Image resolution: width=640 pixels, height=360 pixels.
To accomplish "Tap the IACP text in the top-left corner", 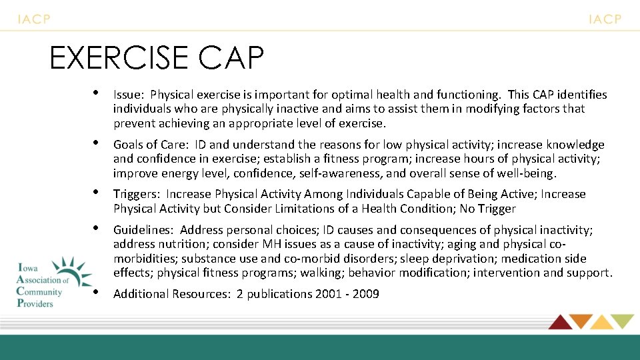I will click(x=34, y=19).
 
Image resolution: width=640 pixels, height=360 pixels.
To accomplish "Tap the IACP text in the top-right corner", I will click(x=605, y=19).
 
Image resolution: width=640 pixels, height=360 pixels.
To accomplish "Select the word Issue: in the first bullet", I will click(x=129, y=95).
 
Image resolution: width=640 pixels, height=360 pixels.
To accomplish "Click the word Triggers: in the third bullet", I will click(x=137, y=194).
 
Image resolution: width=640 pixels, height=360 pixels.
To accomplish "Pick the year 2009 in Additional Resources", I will click(x=366, y=294).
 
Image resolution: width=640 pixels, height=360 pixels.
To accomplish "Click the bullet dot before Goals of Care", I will click(x=97, y=142).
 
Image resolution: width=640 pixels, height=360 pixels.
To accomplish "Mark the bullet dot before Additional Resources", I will click(x=97, y=291).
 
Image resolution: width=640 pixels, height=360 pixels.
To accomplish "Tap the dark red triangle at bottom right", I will click(x=559, y=322).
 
